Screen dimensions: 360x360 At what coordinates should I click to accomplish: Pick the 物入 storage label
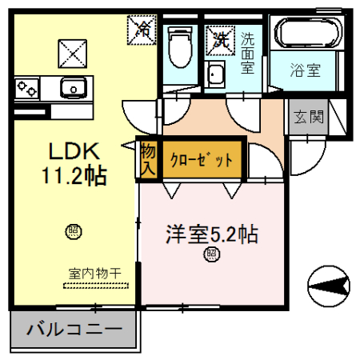[148, 158]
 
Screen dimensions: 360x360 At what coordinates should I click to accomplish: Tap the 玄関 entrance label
[308, 117]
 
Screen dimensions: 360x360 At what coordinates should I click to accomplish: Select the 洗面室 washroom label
[248, 52]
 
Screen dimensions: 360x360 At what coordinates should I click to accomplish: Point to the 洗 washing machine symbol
[218, 38]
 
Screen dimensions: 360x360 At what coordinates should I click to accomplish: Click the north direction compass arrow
[330, 283]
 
